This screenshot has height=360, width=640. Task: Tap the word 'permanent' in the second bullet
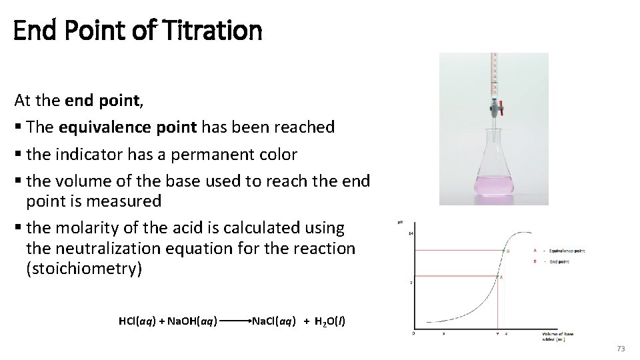(x=199, y=155)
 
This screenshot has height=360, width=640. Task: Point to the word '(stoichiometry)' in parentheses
(x=83, y=269)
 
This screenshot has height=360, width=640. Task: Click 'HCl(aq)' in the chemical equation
(x=137, y=321)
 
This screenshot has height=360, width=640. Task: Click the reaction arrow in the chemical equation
(x=233, y=321)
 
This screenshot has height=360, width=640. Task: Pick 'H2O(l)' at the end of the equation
(x=329, y=321)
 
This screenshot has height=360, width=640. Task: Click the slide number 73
(x=621, y=349)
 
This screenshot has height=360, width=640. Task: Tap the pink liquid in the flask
(x=493, y=187)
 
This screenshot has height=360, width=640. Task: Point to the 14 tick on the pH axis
(x=411, y=233)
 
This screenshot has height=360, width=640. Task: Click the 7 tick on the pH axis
(x=411, y=283)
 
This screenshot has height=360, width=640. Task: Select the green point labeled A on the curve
(x=497, y=276)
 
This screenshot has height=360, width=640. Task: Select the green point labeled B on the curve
(x=504, y=251)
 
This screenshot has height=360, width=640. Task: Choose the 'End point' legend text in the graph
(x=559, y=263)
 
